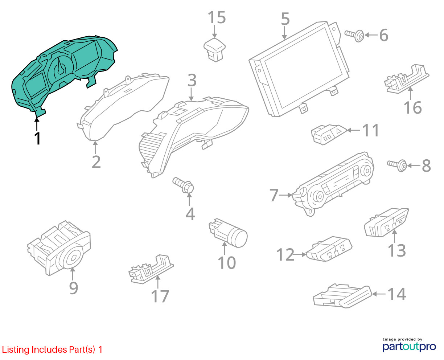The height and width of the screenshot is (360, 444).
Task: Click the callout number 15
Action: pos(217,17)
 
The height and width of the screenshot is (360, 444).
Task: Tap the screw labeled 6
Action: pos(354,35)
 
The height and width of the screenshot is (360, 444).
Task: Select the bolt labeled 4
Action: pos(183,185)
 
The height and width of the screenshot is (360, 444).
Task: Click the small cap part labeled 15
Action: pos(214,50)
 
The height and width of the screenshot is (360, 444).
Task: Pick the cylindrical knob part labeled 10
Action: pos(228,233)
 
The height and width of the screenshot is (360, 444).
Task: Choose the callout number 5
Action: pos(285,19)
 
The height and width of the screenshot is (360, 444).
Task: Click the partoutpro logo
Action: pos(409,347)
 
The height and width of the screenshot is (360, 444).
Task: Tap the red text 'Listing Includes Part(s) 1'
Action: pos(52,349)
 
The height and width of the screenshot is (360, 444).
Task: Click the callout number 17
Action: pos(160,296)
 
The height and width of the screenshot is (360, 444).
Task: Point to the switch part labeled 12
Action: pos(329,249)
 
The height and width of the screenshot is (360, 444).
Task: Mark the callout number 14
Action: pos(397,294)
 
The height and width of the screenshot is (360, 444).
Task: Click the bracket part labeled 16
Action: pos(407,79)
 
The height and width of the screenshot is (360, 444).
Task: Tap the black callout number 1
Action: pos(37,138)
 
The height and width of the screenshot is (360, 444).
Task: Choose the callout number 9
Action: pos(74,288)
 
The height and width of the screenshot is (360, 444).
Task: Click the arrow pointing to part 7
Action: pos(285,195)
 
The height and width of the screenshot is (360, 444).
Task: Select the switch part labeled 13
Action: pos(386,222)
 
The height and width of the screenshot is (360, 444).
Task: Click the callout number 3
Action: pos(192,80)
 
